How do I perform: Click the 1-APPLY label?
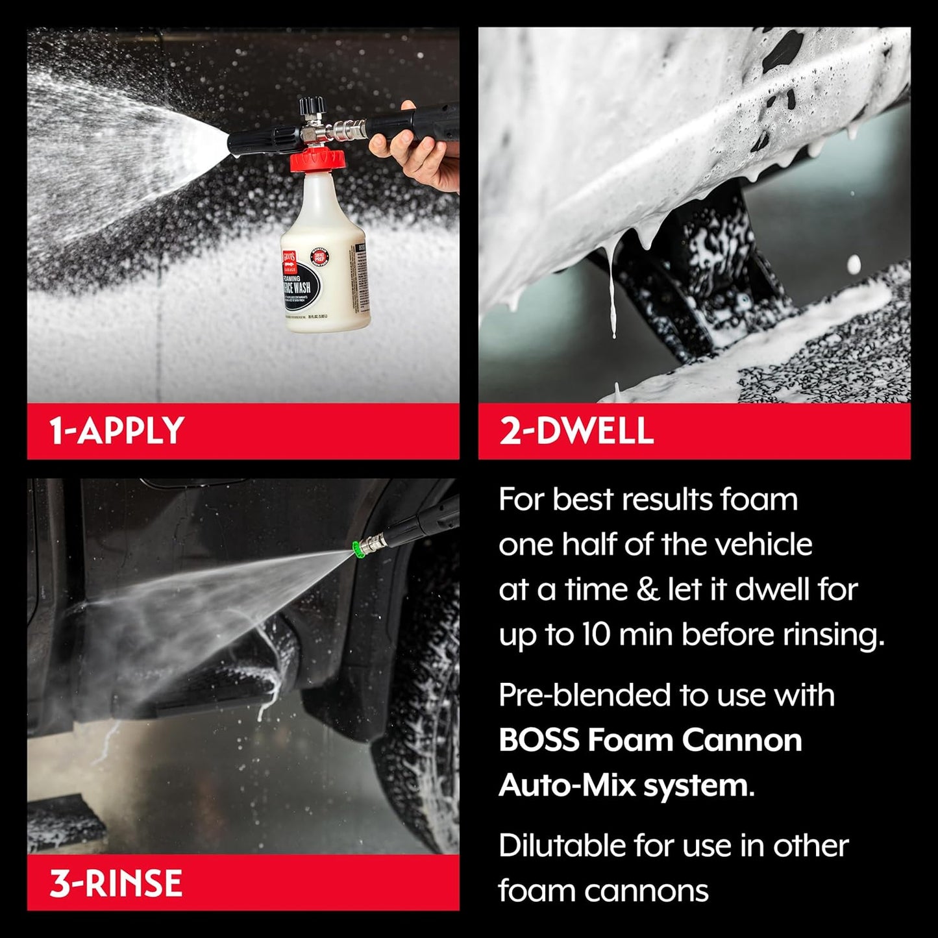point(117,431)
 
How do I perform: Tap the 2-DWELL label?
point(576,431)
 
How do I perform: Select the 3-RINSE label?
point(116,883)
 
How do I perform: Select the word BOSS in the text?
point(538,740)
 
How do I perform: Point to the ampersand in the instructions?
point(647,589)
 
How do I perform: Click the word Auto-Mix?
point(567,785)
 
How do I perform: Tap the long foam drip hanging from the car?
point(613,292)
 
